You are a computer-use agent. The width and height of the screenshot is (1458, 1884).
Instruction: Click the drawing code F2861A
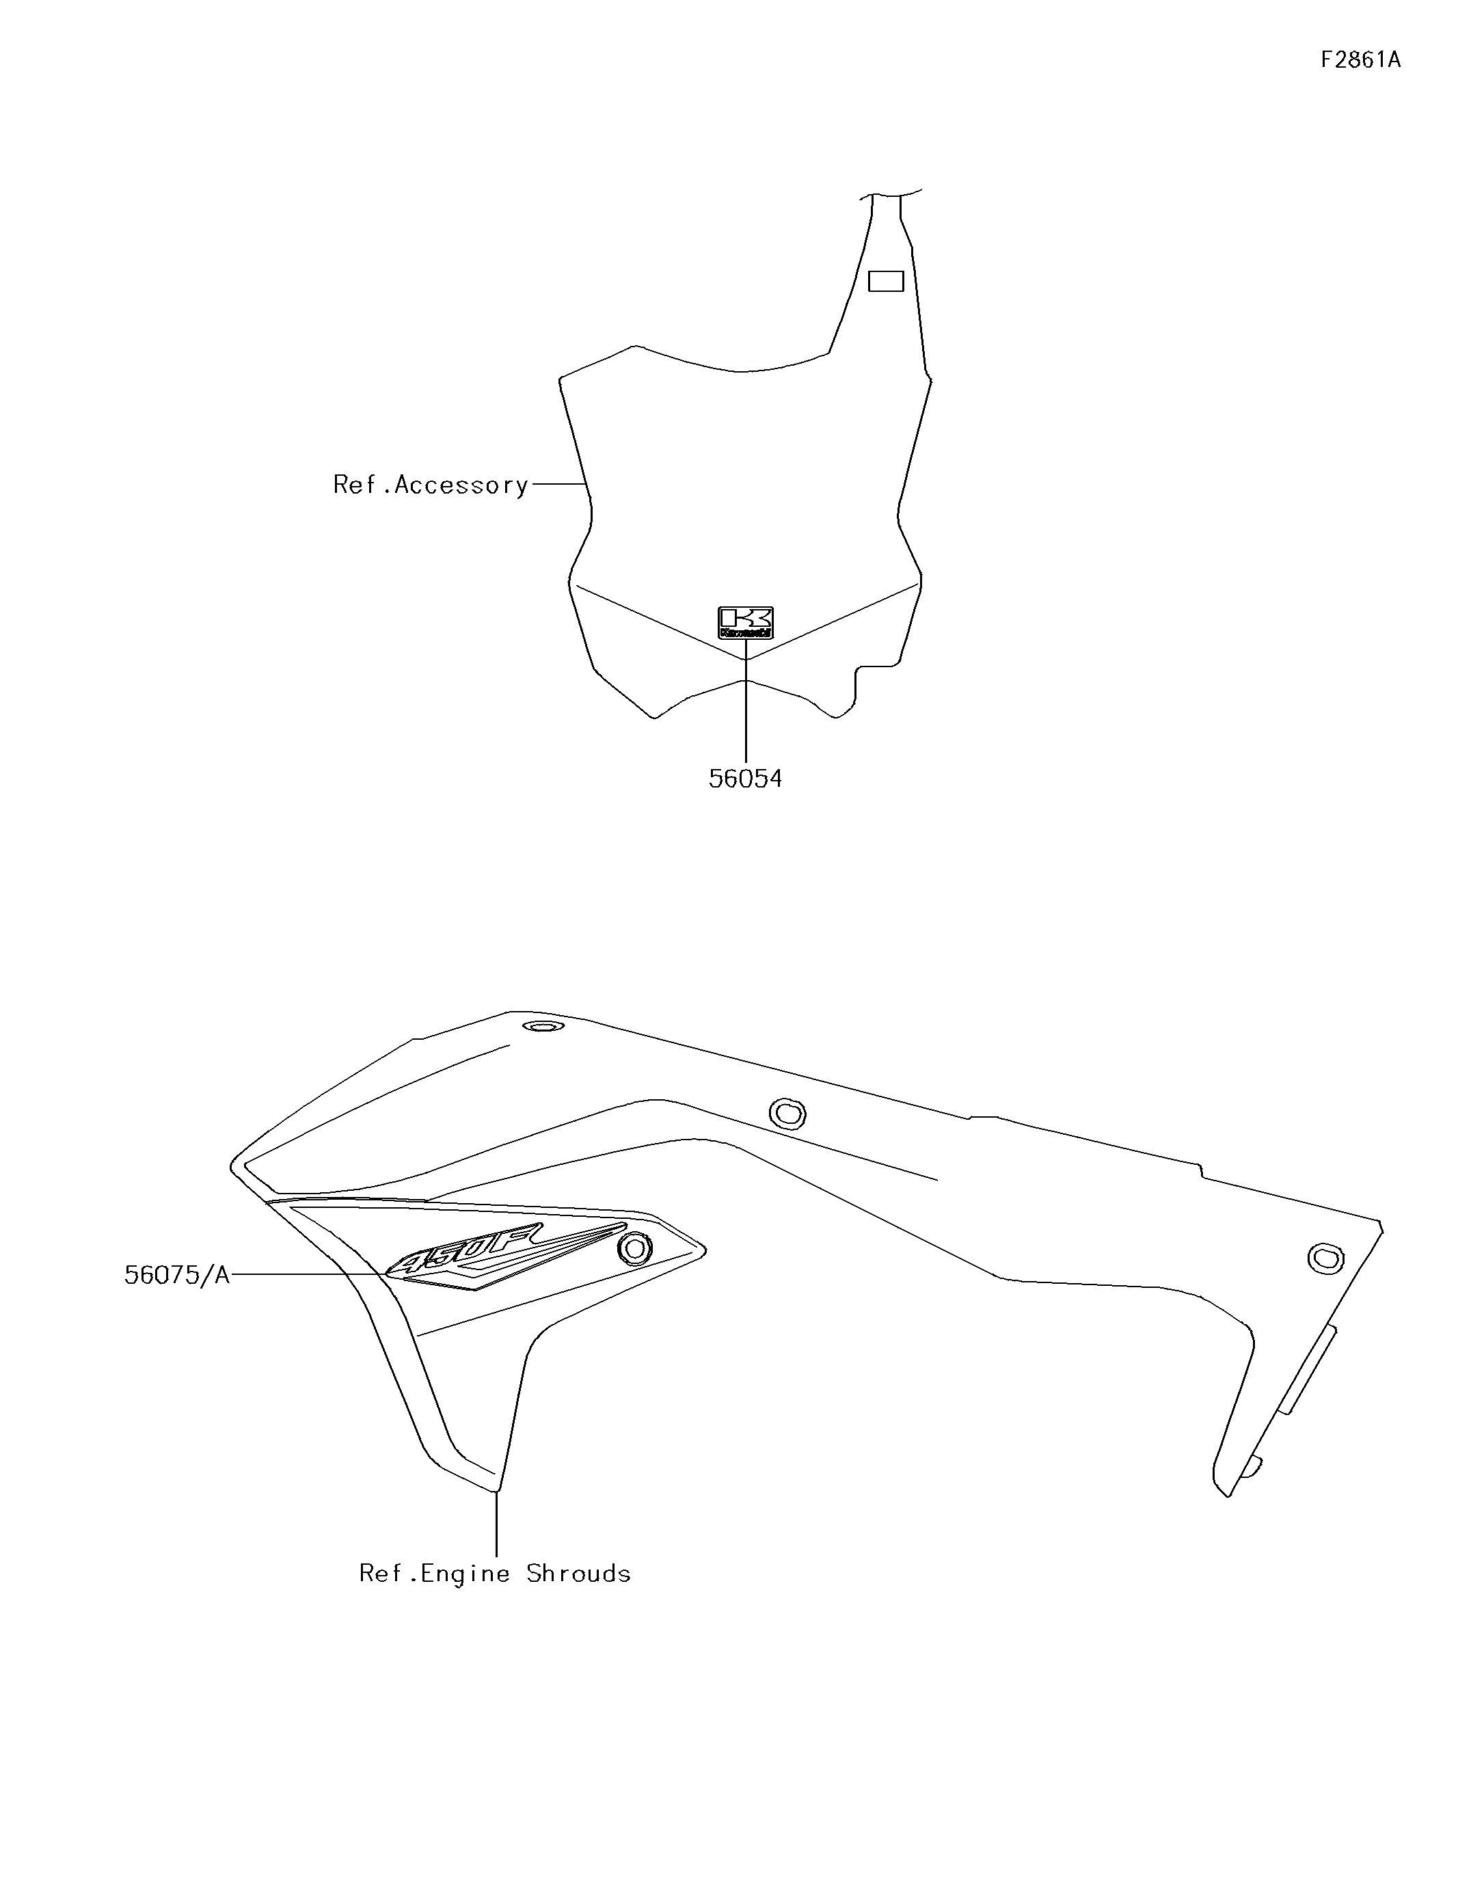coord(1360,59)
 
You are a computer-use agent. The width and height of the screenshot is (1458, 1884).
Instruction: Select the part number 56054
coord(745,779)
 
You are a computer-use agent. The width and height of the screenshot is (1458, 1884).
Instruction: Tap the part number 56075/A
coord(177,1275)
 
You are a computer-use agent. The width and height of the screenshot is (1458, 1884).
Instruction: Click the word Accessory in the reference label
coord(461,485)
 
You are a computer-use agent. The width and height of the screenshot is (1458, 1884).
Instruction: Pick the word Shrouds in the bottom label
coord(579,1574)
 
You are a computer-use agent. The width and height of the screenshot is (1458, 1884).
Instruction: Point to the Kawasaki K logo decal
coord(745,621)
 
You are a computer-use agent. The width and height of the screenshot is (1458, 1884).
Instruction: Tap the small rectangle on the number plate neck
coord(885,281)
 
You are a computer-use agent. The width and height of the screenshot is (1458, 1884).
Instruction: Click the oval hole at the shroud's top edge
coord(543,1025)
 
